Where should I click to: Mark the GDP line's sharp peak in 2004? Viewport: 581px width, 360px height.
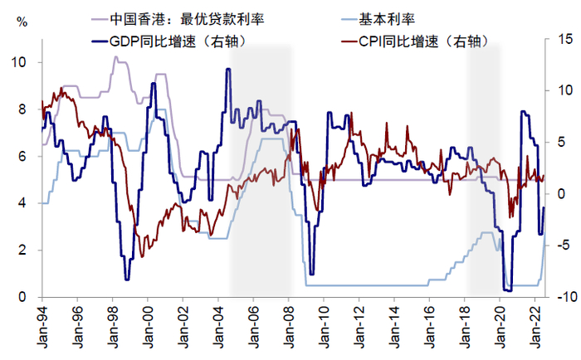click(x=227, y=70)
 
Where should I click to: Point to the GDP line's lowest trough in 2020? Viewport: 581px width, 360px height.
click(x=506, y=290)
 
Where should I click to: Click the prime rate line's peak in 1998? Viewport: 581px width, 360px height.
click(x=116, y=57)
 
